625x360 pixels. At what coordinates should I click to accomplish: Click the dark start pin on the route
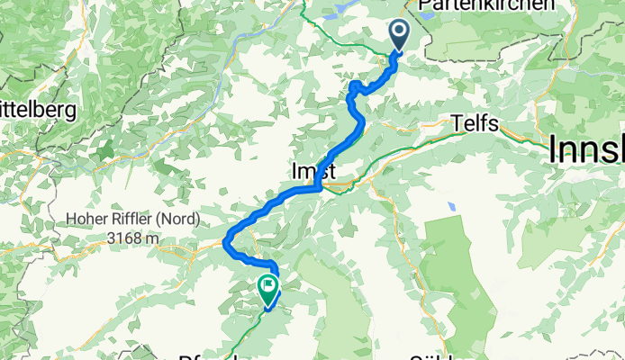tap(399, 34)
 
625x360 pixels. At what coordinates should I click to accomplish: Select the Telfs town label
tap(476, 124)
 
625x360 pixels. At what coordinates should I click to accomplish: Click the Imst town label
tap(313, 171)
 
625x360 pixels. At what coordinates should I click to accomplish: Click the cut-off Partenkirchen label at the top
tap(486, 5)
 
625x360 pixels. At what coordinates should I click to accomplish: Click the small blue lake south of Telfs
tap(451, 206)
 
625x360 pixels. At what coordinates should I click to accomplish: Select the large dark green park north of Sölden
tap(464, 270)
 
